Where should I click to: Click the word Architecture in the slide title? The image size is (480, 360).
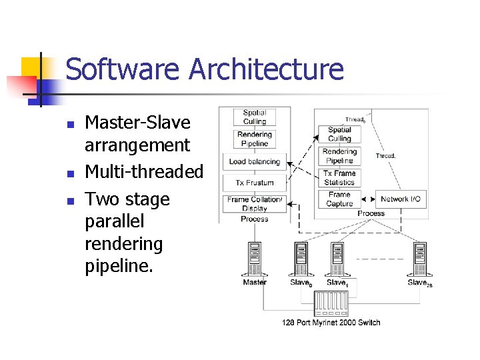267,69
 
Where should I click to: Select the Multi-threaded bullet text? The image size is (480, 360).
144,171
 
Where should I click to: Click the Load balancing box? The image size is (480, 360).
255,161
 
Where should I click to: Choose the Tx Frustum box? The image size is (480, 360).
255,183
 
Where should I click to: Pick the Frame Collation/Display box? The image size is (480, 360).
255,203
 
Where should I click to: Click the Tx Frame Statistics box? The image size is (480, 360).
339,177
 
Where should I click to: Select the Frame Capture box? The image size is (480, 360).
339,199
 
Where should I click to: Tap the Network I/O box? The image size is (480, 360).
401,199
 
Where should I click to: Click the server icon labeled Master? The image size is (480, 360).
255,259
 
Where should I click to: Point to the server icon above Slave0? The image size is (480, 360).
301,259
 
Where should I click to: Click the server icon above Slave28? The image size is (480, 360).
419,259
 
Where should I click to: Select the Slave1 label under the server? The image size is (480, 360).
337,283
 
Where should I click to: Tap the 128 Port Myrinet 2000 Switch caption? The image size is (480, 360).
331,323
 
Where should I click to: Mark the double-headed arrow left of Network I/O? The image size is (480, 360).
367,199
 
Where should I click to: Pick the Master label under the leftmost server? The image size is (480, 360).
255,283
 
